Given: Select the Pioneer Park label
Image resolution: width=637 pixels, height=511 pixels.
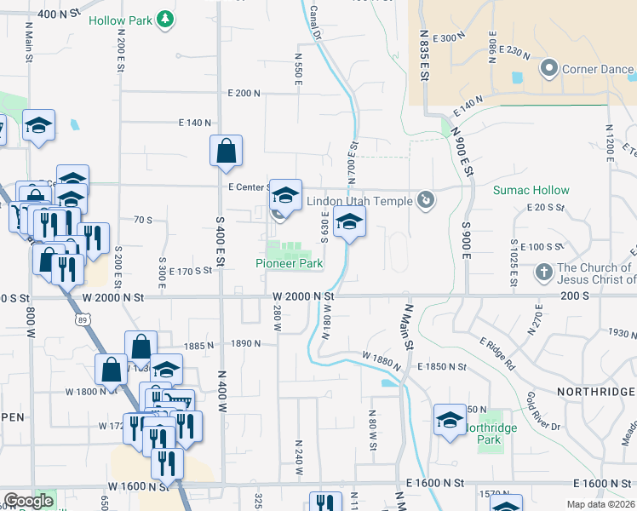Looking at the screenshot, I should pyautogui.click(x=290, y=264).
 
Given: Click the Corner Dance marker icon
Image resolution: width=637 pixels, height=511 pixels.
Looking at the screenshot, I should pyautogui.click(x=549, y=67).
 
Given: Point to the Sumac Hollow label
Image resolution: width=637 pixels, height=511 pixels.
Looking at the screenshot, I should pyautogui.click(x=531, y=190).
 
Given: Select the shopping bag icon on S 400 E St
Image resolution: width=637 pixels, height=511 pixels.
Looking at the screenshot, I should pyautogui.click(x=226, y=151).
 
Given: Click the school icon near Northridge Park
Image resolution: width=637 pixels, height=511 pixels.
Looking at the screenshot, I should pyautogui.click(x=450, y=420).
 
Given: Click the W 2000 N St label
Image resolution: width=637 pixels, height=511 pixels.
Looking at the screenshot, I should pyautogui.click(x=303, y=296).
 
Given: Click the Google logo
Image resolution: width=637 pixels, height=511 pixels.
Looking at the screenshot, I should pyautogui.click(x=28, y=501).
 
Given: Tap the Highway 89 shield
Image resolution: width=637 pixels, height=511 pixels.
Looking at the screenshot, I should pyautogui.click(x=81, y=319).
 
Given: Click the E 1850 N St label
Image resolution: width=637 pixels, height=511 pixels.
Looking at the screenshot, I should pyautogui.click(x=442, y=366).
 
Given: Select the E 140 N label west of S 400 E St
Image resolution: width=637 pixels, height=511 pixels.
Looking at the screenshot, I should pyautogui.click(x=194, y=123).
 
